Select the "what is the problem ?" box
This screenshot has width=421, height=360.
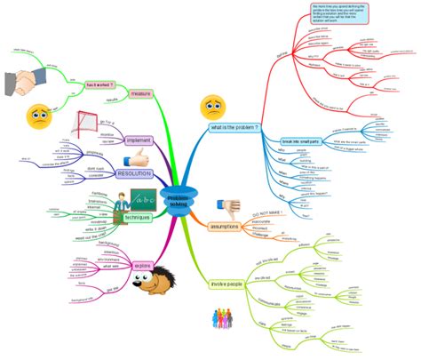(x=234, y=128)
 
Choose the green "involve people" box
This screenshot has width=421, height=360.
(x=228, y=284)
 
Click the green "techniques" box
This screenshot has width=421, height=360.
(x=138, y=217)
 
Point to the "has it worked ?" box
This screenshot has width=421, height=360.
(x=99, y=85)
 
